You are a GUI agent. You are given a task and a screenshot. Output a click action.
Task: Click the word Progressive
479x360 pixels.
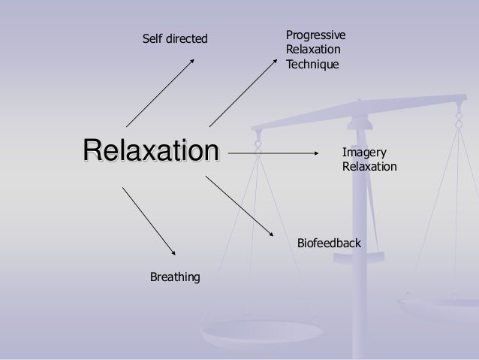tap(315, 35)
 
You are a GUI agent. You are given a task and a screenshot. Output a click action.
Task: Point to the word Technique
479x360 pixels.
tap(312, 65)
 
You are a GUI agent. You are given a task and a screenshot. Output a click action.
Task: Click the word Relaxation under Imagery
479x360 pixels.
tap(369, 165)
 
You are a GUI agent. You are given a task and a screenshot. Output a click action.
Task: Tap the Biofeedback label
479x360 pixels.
tap(330, 244)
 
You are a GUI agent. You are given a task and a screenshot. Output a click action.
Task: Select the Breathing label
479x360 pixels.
tap(176, 279)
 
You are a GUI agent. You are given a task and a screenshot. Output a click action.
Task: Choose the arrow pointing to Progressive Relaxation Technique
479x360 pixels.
tap(243, 90)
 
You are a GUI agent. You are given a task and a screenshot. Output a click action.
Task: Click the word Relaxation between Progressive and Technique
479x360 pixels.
tap(312, 50)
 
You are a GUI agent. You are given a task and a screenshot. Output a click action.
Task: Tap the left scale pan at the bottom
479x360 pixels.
tap(240, 331)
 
